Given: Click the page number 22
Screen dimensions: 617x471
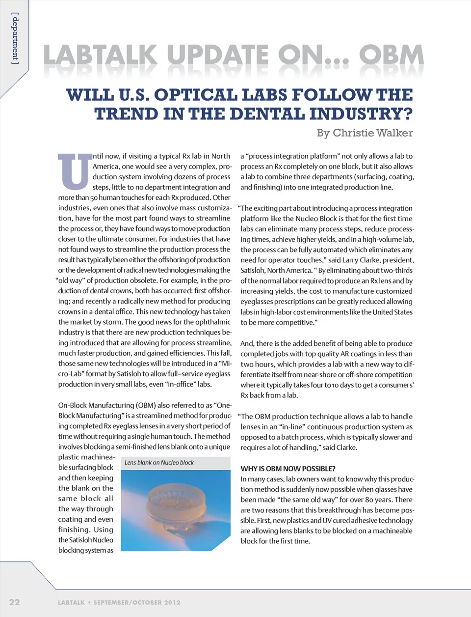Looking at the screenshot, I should pos(15,602).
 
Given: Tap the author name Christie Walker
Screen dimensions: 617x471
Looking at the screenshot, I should pos(372,133).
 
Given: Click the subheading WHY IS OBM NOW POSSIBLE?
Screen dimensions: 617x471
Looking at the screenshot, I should pos(288,469).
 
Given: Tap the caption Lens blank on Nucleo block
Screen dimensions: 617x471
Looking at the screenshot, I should pos(159,462).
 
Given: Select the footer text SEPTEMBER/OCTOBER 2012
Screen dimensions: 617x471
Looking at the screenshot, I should pos(137,602).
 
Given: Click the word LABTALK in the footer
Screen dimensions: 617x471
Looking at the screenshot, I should pos(71,602).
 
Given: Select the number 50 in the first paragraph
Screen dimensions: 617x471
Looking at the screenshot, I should pos(94,197).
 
